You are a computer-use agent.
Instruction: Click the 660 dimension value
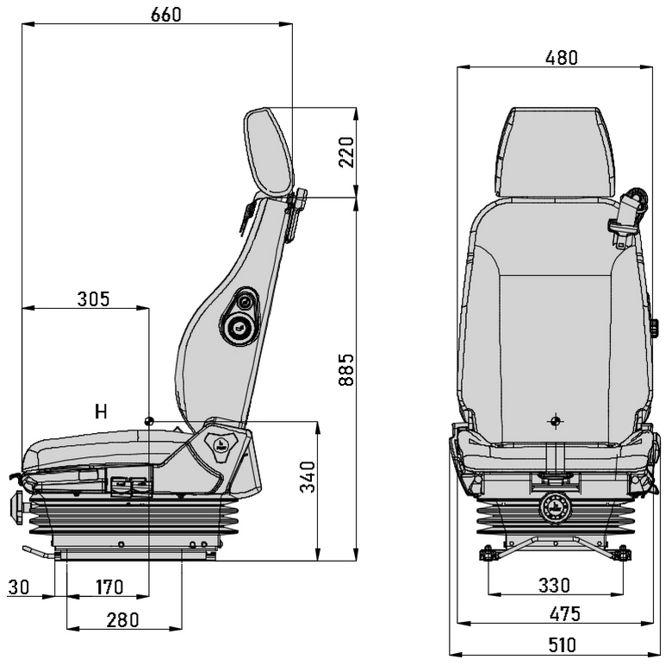point(166,15)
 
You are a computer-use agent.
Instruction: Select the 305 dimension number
point(93,299)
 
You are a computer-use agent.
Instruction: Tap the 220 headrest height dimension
point(346,152)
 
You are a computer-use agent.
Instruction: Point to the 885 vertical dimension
point(346,369)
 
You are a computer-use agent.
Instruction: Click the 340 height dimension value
point(308,477)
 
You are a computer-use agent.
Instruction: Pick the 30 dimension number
point(19,587)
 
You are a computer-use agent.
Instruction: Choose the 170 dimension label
point(109,587)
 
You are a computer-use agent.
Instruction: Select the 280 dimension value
point(122,620)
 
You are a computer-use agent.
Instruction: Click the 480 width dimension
point(562,58)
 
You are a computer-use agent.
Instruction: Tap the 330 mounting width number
point(554,585)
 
